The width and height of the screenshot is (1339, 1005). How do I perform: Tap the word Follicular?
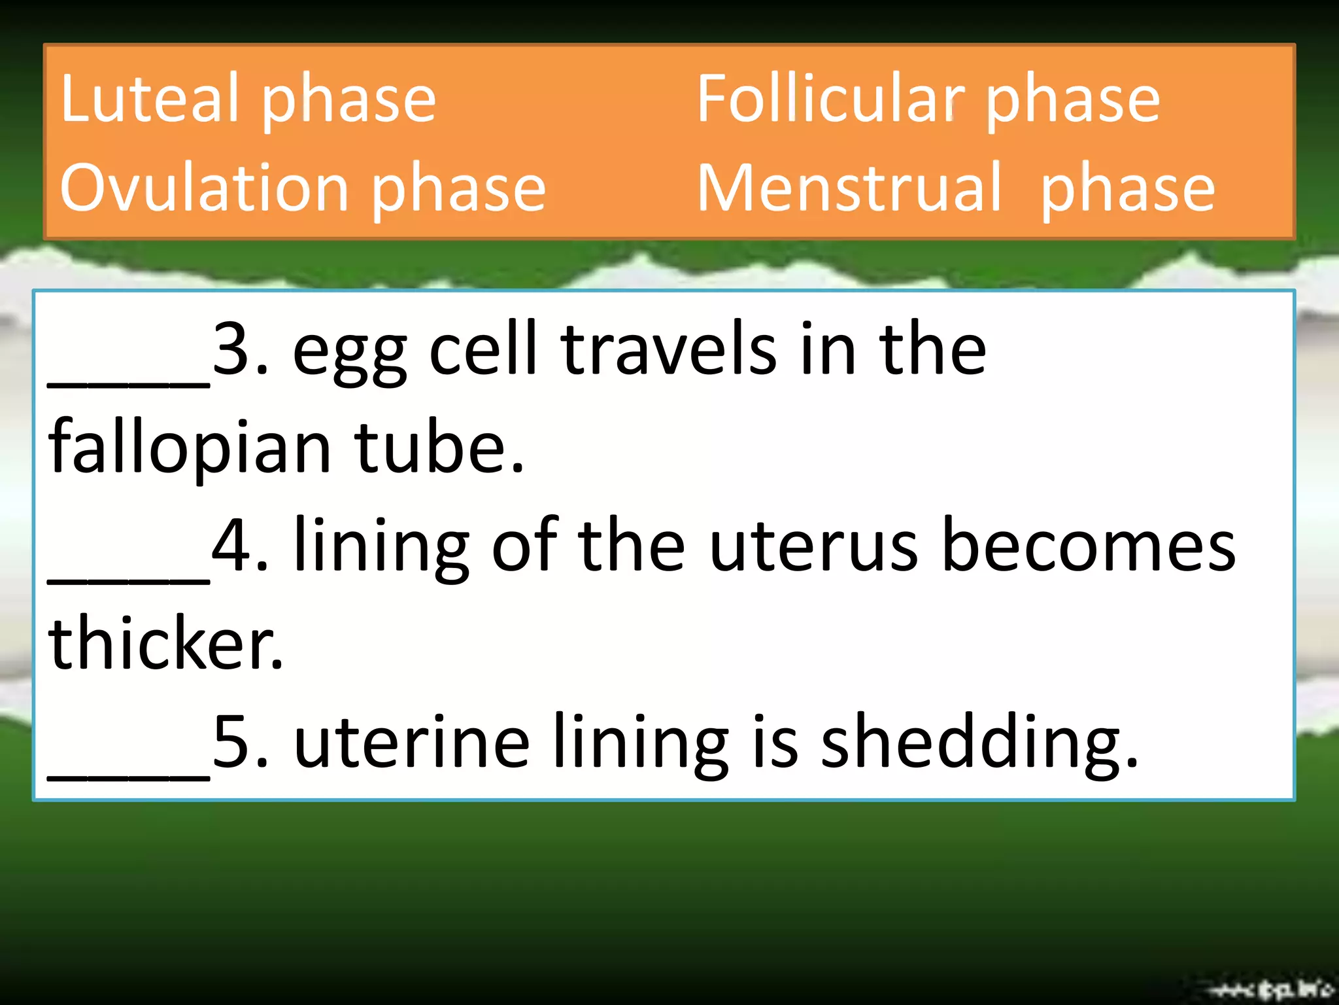tap(830, 99)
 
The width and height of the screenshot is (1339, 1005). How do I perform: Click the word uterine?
tap(412, 743)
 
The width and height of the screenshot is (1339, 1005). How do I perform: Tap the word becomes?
tap(1089, 546)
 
